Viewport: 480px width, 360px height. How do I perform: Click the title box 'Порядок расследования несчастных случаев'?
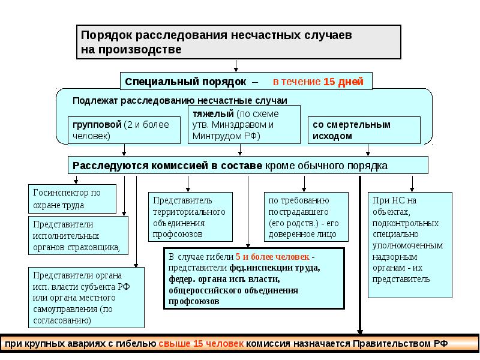[239, 42]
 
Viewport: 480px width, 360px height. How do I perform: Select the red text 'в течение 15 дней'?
[319, 81]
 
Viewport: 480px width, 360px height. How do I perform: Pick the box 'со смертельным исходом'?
[364, 130]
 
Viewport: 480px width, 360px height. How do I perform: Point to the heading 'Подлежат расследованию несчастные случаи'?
[180, 100]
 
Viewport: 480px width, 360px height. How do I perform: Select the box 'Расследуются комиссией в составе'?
[247, 165]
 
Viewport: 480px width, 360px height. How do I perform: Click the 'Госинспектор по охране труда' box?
[73, 199]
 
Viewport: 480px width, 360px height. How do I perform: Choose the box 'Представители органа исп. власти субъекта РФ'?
[86, 297]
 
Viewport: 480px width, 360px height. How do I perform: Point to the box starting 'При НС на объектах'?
[410, 245]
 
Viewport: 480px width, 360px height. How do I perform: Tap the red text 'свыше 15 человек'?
[201, 344]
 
